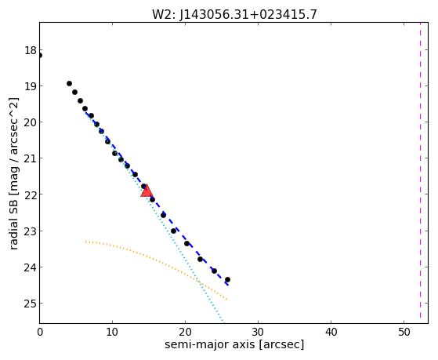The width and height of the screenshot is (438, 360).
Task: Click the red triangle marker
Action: pyautogui.click(x=147, y=191)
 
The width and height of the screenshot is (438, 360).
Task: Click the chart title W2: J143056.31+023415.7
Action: pyautogui.click(x=234, y=15)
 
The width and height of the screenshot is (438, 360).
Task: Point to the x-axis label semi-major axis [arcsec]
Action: pyautogui.click(x=234, y=344)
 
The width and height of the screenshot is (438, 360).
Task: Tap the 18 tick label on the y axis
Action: pyautogui.click(x=31, y=51)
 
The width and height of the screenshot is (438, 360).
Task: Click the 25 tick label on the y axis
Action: pyautogui.click(x=31, y=304)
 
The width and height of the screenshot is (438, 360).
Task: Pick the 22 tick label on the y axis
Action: pyautogui.click(x=31, y=195)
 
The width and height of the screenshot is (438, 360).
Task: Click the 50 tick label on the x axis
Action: pyautogui.click(x=404, y=333)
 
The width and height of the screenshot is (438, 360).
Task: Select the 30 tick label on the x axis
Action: pyautogui.click(x=258, y=333)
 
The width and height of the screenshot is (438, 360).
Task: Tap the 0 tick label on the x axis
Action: pyautogui.click(x=40, y=333)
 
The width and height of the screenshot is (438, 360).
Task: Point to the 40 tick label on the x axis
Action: pyautogui.click(x=331, y=333)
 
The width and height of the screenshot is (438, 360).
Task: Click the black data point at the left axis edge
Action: pyautogui.click(x=40, y=56)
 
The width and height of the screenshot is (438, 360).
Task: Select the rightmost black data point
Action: pyautogui.click(x=227, y=279)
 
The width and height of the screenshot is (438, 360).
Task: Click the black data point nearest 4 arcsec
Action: pyautogui.click(x=69, y=83)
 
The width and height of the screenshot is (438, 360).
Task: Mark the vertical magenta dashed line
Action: pyautogui.click(x=420, y=170)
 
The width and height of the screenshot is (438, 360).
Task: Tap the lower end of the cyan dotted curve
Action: pyautogui.click(x=223, y=322)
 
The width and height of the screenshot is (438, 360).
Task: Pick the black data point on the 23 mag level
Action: pyautogui.click(x=173, y=231)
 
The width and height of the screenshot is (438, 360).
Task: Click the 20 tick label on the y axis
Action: pyautogui.click(x=31, y=122)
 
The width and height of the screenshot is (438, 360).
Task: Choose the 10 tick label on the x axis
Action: pyautogui.click(x=112, y=333)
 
